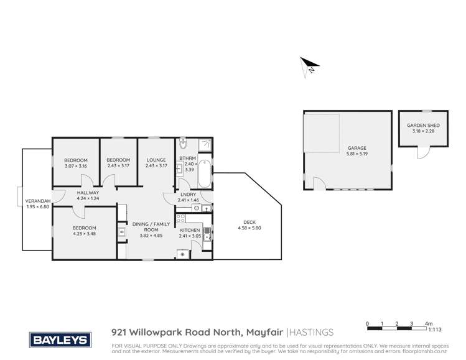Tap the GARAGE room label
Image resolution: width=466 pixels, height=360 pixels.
[x=348, y=148]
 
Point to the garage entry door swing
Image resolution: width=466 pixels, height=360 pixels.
[x=319, y=183]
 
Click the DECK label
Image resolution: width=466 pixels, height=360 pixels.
[x=250, y=223]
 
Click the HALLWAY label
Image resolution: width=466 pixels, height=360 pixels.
[x=88, y=193]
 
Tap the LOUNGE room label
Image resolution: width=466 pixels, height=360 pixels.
[x=156, y=160]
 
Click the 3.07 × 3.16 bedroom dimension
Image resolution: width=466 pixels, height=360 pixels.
[x=75, y=166]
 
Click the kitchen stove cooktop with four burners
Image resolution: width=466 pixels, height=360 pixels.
[x=183, y=254]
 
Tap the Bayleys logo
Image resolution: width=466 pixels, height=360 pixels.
[x=60, y=340]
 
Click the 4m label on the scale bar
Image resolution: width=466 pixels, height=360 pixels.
[x=428, y=324]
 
